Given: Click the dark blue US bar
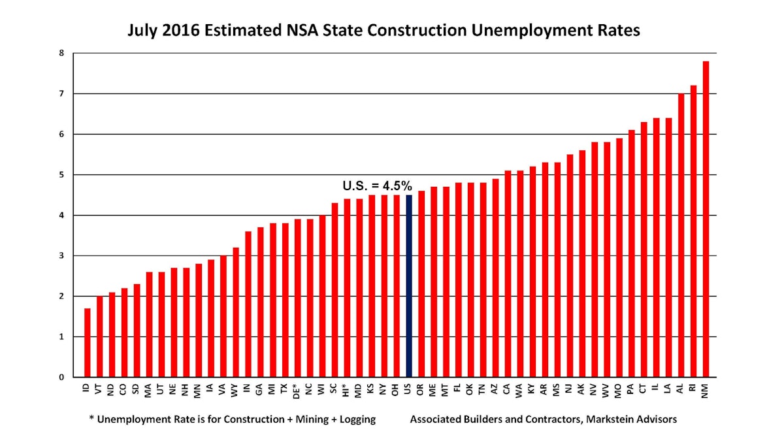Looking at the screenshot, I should [409, 286].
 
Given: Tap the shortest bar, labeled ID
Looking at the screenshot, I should [88, 342].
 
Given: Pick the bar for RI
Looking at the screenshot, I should [693, 231].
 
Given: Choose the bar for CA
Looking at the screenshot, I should [508, 274].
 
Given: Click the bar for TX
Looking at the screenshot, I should [285, 300].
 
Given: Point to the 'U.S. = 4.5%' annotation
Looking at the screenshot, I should [377, 186].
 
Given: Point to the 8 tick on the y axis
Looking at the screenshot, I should [61, 53].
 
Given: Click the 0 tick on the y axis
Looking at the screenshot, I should [61, 377].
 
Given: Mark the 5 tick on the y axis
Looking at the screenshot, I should [61, 174].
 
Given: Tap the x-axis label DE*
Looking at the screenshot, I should [297, 391].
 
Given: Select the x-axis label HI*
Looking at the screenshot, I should [347, 391].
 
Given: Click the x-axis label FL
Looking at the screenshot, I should [458, 388].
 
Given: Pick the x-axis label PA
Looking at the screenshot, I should [631, 389].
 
